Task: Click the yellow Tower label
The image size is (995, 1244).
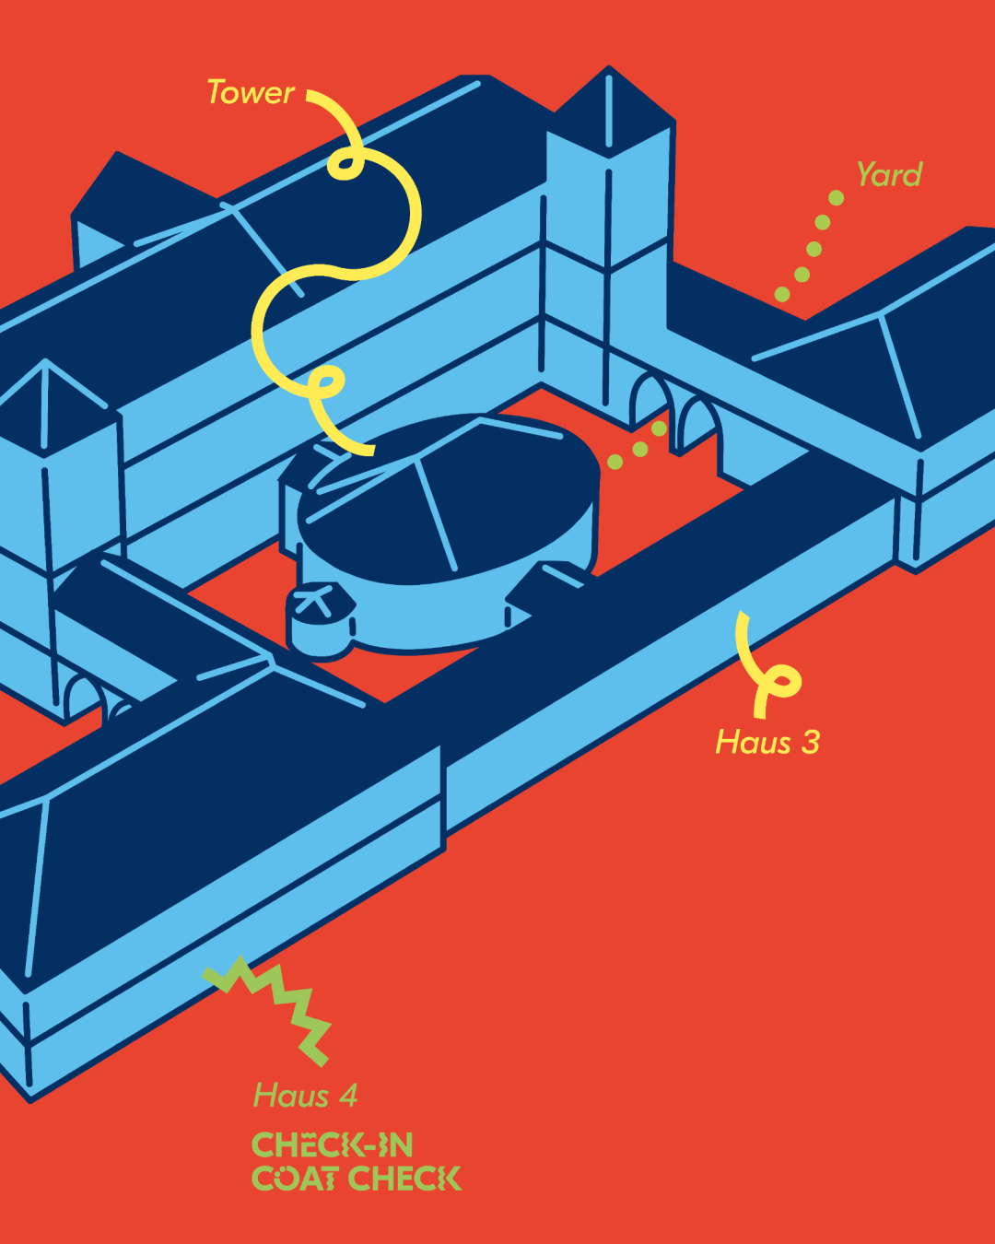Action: point(250,93)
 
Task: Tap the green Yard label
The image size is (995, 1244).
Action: point(888,175)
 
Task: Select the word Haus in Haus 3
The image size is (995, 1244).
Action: point(753,743)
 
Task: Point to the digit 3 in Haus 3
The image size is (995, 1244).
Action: point(810,743)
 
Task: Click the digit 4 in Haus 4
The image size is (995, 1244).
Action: point(347,1096)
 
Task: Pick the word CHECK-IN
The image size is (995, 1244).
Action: point(332,1145)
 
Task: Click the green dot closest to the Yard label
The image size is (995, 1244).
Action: point(836,198)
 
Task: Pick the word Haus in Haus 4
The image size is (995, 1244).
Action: point(291,1096)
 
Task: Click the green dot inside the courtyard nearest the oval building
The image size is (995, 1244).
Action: point(615,462)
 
